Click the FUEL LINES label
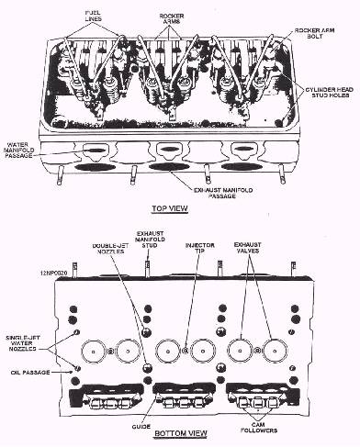(93, 16)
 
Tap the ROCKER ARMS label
(172, 18)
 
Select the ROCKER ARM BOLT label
(314, 33)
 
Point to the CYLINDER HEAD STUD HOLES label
(330, 93)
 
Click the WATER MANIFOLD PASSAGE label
(19, 150)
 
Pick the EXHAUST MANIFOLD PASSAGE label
(223, 193)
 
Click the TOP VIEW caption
(170, 208)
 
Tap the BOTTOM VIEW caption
(181, 433)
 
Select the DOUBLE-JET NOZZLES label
(108, 249)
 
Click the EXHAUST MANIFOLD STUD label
(150, 240)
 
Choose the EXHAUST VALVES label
(247, 248)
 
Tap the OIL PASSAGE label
(30, 373)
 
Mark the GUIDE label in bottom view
(141, 427)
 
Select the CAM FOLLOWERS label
(259, 428)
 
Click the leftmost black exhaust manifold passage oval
(96, 167)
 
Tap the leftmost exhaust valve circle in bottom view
(93, 351)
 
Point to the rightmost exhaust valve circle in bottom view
(275, 350)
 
